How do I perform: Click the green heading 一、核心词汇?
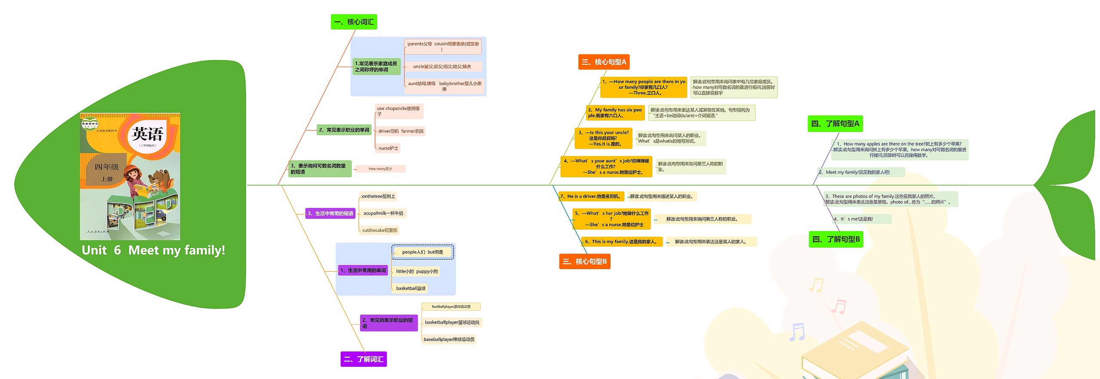[354, 22]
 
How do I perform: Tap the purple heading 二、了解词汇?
[364, 359]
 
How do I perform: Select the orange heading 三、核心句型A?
[604, 62]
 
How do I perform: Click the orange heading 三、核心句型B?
[584, 261]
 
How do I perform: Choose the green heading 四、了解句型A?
[835, 124]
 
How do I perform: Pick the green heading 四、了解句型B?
[836, 240]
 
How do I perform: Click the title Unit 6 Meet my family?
[153, 250]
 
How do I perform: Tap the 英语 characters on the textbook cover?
[147, 134]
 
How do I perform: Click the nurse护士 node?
[388, 148]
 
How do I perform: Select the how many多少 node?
[380, 169]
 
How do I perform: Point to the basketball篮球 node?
[410, 288]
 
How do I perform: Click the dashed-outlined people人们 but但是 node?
[422, 252]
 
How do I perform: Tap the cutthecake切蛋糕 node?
[379, 230]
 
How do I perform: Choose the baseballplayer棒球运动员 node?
[449, 340]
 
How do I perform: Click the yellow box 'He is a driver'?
[591, 197]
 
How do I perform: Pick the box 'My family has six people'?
[615, 113]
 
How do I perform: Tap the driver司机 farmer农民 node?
[400, 131]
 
